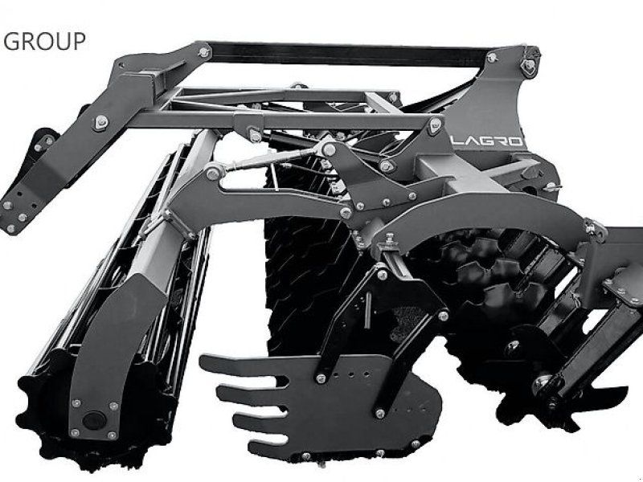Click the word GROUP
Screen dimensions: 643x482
[44, 41]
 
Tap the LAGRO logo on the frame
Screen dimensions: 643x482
[488, 141]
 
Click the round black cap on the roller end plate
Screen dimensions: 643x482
[94, 420]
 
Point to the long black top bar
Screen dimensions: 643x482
[349, 55]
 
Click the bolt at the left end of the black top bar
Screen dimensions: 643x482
[204, 52]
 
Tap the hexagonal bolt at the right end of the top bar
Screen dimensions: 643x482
[529, 65]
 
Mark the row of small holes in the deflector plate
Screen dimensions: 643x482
[351, 374]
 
